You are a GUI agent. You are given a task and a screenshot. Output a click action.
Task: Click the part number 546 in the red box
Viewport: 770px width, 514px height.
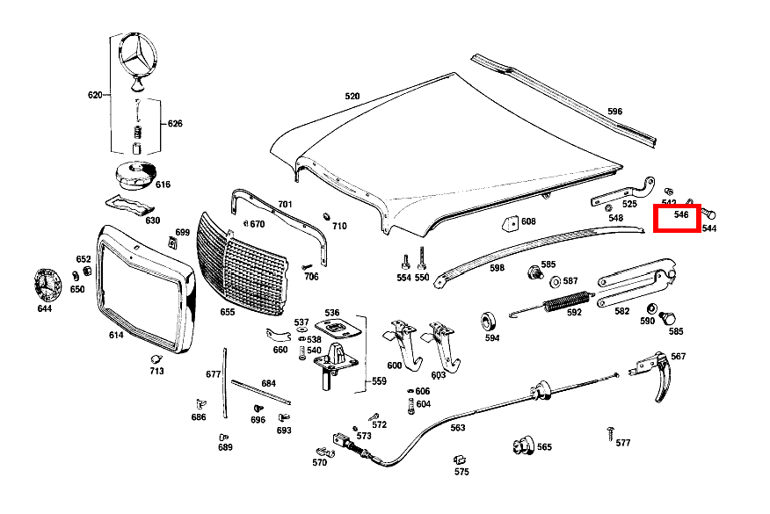(681, 214)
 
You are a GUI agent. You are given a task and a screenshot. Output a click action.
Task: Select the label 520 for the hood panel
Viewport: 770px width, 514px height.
(352, 97)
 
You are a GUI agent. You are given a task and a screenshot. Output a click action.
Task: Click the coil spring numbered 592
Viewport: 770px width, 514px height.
(566, 301)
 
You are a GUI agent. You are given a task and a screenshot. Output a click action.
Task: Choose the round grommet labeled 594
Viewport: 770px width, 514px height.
(488, 321)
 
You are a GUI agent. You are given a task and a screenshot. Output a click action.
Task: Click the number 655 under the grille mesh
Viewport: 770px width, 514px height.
(228, 312)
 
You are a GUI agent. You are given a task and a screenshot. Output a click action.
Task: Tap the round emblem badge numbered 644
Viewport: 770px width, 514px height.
(47, 286)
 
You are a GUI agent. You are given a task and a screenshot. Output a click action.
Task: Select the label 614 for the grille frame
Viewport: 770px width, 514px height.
(116, 335)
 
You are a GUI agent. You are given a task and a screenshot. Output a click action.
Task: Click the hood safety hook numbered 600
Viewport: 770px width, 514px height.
(403, 344)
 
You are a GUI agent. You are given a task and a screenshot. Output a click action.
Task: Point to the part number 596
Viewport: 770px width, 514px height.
(614, 112)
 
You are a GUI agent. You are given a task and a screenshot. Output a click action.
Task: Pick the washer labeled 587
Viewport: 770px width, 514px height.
(556, 282)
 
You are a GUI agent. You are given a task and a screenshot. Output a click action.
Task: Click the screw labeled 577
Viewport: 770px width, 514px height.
(610, 434)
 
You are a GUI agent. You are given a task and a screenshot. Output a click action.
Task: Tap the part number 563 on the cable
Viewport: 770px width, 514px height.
(458, 428)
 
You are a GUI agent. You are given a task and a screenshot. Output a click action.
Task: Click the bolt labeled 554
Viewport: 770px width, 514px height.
(405, 262)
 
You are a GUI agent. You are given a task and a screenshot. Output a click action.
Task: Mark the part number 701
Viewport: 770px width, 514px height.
(286, 204)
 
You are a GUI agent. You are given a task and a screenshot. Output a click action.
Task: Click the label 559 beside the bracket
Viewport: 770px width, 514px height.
(379, 381)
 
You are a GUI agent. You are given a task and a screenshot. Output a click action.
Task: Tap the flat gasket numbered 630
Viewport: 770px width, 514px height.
(129, 206)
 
